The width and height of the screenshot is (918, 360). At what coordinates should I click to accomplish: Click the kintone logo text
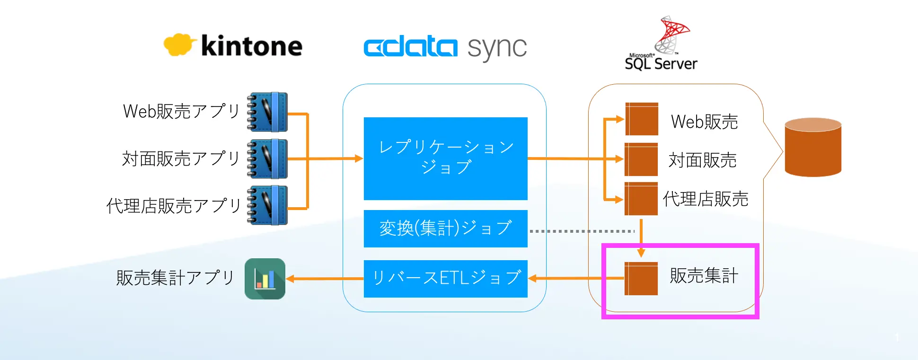(251, 46)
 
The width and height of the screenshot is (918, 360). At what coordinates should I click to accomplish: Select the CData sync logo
(445, 47)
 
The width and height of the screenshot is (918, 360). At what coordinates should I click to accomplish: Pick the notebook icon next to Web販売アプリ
(267, 112)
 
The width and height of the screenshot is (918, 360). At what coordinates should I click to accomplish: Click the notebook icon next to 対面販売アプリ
(267, 158)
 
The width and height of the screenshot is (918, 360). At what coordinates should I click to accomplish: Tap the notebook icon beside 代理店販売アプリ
(267, 205)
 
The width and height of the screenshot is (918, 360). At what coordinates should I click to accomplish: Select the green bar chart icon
(265, 279)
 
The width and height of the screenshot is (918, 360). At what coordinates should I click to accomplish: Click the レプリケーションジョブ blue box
(445, 158)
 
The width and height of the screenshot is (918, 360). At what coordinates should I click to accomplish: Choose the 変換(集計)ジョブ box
(445, 228)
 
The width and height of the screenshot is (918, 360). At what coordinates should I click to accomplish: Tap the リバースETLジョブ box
(445, 279)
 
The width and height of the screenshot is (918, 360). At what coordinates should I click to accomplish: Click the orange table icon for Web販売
(642, 119)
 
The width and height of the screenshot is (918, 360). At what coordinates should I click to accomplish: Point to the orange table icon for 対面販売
(641, 159)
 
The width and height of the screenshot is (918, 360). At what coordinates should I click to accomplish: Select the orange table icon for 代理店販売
(641, 199)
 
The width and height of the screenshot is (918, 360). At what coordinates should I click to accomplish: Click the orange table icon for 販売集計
(641, 279)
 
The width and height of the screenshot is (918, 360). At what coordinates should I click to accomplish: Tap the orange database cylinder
(813, 147)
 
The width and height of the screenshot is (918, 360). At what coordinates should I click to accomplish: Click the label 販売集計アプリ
(176, 278)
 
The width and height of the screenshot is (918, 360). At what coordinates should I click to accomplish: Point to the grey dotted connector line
(582, 231)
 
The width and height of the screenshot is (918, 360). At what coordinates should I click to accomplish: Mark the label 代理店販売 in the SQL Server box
(706, 199)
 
